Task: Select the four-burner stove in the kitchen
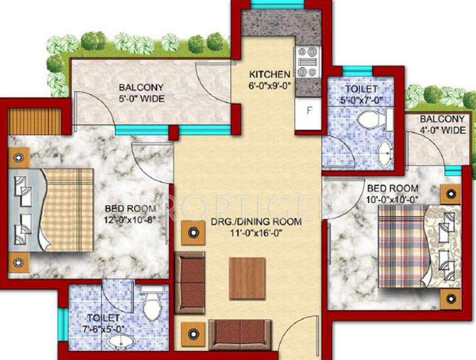(x=308, y=62)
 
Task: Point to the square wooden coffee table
(x=247, y=278)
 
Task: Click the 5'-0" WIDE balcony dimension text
(x=141, y=98)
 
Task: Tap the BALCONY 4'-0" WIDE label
(x=443, y=125)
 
